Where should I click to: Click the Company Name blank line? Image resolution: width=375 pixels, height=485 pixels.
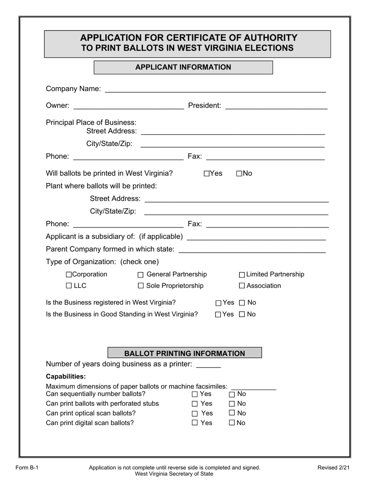(x=215, y=89)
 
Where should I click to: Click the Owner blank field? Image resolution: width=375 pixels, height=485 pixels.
(x=129, y=106)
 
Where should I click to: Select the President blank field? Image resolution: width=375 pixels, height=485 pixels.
(x=276, y=106)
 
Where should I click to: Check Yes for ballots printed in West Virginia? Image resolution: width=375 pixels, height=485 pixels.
(x=207, y=173)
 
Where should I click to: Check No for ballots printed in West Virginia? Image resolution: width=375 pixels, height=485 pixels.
(x=239, y=173)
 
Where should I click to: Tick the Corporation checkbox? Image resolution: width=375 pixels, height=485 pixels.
(x=69, y=274)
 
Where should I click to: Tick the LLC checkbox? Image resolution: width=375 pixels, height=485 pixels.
(x=69, y=286)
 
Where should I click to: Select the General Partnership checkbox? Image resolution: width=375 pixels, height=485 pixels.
(x=141, y=275)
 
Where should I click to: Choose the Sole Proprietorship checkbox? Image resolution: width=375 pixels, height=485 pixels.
(x=141, y=286)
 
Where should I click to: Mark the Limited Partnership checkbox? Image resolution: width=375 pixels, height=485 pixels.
(x=242, y=275)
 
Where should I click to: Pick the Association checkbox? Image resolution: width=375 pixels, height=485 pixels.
(x=242, y=286)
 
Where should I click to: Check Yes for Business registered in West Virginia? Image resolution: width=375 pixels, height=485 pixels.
(x=218, y=303)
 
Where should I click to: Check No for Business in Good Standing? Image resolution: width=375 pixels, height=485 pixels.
(x=242, y=315)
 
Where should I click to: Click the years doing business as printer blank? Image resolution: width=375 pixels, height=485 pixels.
(x=208, y=364)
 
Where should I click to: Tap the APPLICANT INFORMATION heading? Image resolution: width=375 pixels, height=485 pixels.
(x=183, y=67)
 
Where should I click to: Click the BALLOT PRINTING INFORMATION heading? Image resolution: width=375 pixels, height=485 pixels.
(x=185, y=353)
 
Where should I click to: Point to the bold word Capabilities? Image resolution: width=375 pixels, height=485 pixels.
(x=66, y=377)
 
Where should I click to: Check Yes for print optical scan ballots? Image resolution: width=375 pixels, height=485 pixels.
(x=195, y=414)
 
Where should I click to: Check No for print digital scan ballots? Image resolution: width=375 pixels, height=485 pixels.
(x=232, y=423)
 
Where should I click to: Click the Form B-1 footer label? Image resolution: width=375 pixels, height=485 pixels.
(x=27, y=468)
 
